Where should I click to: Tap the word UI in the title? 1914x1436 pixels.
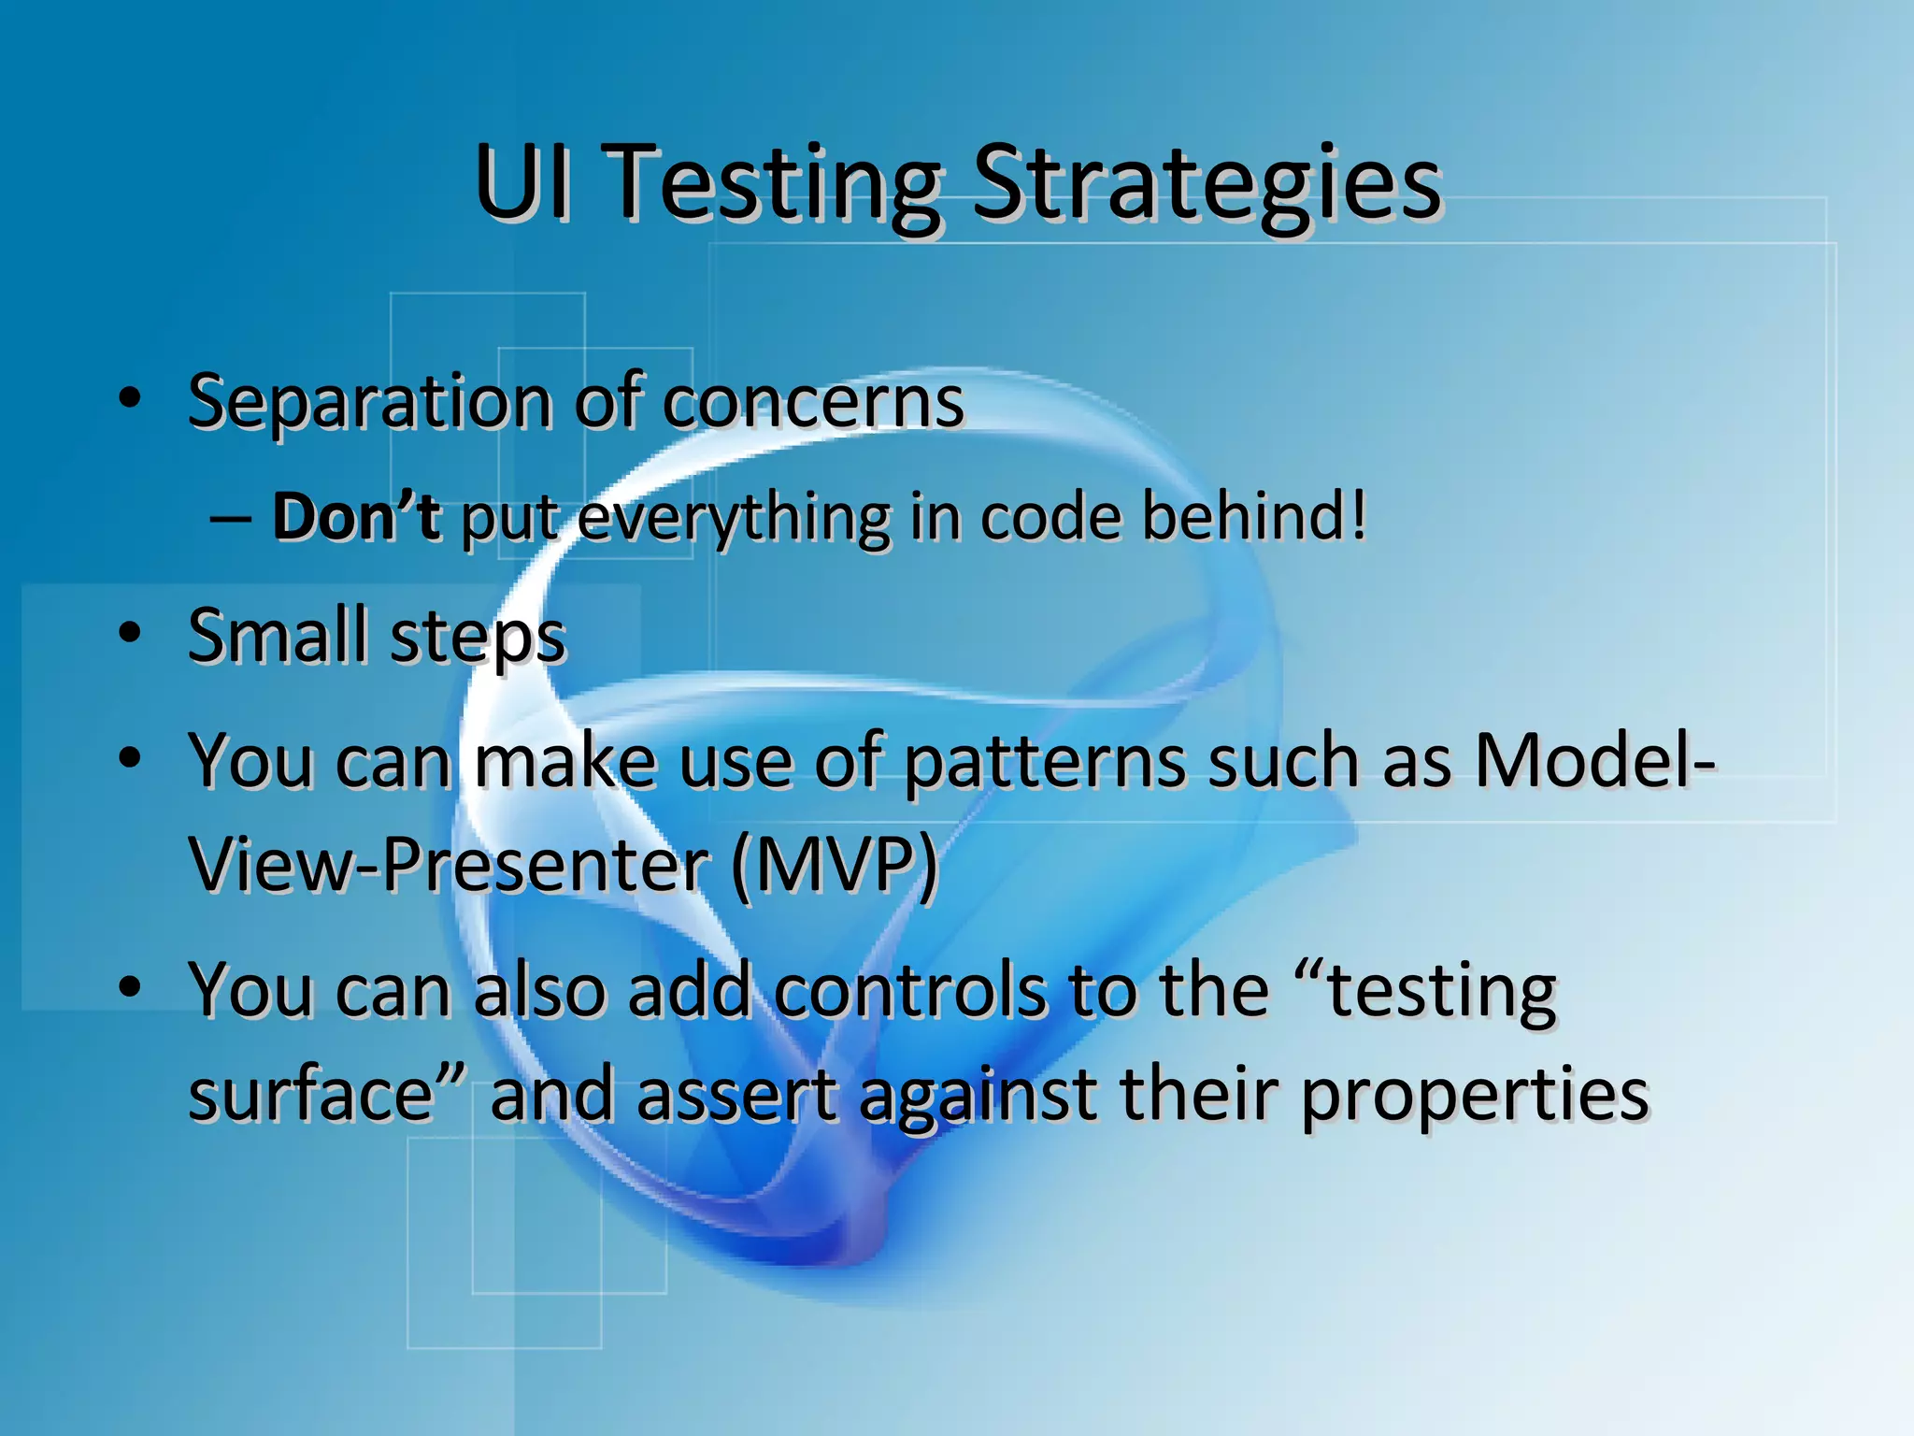coord(521,182)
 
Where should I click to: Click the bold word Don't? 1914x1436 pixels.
coord(355,516)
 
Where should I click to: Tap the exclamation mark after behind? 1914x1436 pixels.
coord(1358,516)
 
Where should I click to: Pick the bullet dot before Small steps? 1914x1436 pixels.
coord(130,633)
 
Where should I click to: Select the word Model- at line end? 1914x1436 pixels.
coord(1593,759)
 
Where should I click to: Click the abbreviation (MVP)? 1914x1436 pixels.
coord(834,866)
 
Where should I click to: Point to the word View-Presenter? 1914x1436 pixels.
coord(450,866)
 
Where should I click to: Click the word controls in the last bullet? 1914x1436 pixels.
coord(910,991)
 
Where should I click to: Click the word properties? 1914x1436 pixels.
coord(1474,1096)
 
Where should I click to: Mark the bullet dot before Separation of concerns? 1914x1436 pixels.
coord(130,398)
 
